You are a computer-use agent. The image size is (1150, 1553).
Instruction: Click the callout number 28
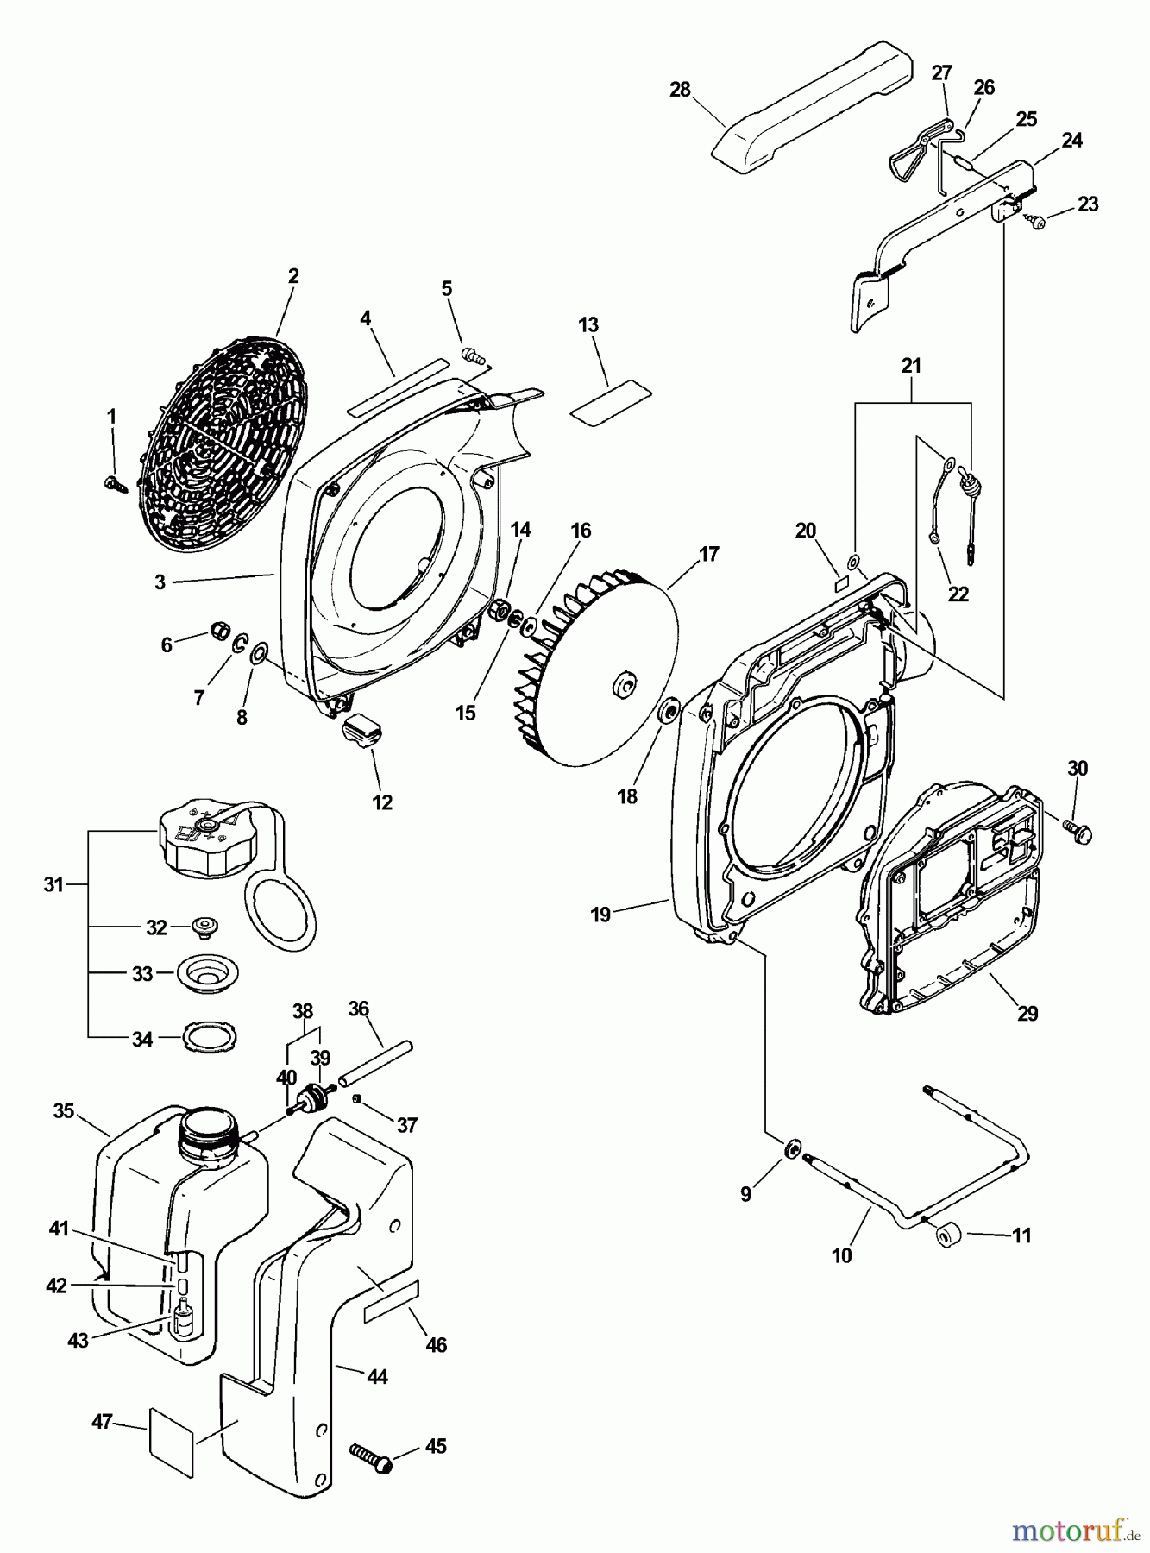680,89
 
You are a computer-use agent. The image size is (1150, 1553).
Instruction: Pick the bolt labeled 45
371,1456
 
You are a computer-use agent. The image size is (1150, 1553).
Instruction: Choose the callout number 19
600,915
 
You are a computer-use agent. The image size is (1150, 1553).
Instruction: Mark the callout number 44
377,1377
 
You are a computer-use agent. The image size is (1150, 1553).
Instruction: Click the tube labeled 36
375,1062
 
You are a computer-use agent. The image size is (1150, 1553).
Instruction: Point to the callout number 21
911,365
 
